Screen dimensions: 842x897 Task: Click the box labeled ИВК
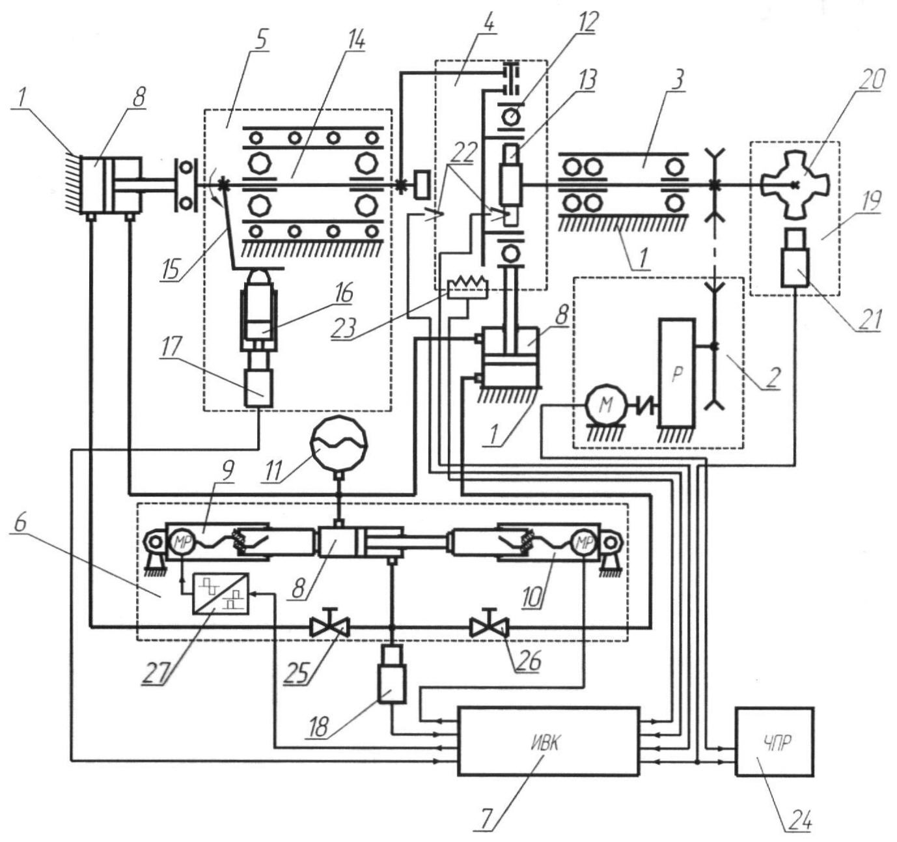(548, 741)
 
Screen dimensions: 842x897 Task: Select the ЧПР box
(774, 741)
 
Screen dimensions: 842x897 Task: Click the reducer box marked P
(677, 372)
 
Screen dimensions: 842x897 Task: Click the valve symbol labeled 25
(329, 627)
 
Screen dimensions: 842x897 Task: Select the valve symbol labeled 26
(489, 627)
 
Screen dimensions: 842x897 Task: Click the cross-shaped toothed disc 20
(794, 184)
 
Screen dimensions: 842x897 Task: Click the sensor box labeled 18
(391, 673)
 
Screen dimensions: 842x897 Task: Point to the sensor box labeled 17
(259, 387)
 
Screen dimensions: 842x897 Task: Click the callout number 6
(22, 542)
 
